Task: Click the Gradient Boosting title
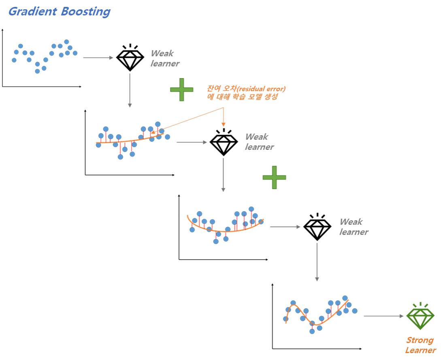click(59, 11)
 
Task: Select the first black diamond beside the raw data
click(130, 58)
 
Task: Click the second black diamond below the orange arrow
click(224, 143)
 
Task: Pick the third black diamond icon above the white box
click(317, 227)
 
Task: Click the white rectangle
click(377, 268)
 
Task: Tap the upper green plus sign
click(181, 89)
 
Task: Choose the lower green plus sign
click(274, 177)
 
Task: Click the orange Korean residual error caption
click(246, 93)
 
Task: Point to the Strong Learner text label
click(420, 345)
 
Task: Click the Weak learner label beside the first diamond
click(164, 58)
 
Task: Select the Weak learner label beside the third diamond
click(353, 227)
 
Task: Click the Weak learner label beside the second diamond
click(259, 142)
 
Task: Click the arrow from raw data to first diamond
click(98, 58)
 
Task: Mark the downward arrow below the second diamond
click(223, 175)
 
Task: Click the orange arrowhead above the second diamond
click(223, 124)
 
